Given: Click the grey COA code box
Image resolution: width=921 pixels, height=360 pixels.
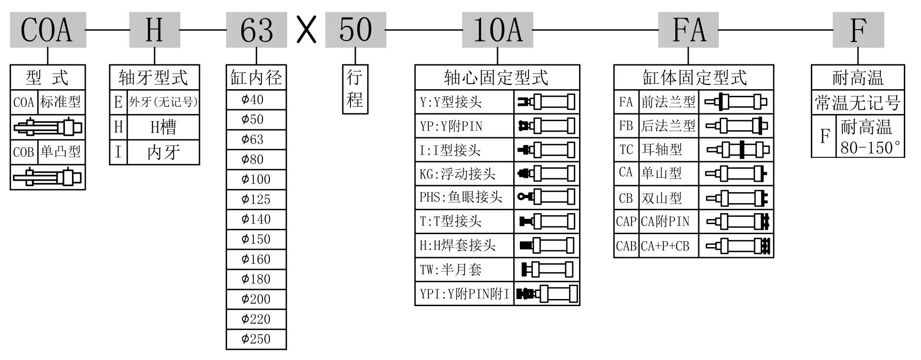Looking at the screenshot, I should (x=48, y=30).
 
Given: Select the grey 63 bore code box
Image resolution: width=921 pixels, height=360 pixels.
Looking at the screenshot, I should (x=257, y=30).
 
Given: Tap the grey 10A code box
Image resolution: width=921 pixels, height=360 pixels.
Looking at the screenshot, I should (x=497, y=30).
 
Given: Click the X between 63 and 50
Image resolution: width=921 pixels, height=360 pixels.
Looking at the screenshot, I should (x=306, y=30).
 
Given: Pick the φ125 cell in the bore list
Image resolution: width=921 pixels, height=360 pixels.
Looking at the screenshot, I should (x=256, y=199).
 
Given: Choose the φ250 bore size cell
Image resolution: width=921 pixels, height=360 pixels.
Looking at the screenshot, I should (x=256, y=339).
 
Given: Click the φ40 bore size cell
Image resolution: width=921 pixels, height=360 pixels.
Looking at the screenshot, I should (x=256, y=100).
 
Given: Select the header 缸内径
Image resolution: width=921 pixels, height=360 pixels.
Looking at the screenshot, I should (x=256, y=78).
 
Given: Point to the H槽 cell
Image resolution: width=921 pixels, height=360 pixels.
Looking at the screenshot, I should (x=163, y=127).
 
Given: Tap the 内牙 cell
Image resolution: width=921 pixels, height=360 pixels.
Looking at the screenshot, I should (x=163, y=152).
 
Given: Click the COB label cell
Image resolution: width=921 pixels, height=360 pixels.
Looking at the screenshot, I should (x=23, y=152).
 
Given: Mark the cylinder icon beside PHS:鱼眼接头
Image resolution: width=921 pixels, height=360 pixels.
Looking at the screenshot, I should (x=547, y=196).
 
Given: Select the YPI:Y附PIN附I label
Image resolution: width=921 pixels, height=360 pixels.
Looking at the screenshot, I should (x=464, y=293).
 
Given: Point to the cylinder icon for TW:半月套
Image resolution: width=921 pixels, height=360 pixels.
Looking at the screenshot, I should (x=547, y=269).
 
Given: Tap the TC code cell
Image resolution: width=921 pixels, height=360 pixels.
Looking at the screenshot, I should (x=626, y=150).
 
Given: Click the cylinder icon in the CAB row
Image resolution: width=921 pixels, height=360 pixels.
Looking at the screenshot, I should (x=736, y=246).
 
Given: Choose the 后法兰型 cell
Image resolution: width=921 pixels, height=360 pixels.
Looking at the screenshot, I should (x=668, y=126).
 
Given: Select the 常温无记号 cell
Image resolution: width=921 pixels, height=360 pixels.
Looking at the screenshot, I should (x=858, y=103).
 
